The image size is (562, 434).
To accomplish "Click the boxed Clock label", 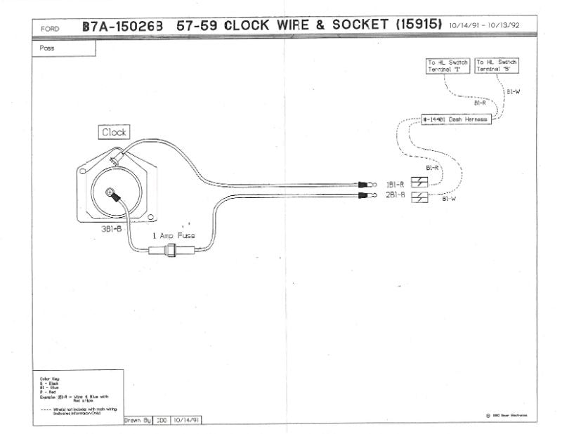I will pos(115,132).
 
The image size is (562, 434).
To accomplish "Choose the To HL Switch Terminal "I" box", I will pos(448,65).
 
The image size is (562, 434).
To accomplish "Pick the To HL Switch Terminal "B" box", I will pos(497,65).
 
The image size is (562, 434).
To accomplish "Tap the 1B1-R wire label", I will pos(395,184).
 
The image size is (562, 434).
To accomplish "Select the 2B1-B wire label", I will pos(395,195).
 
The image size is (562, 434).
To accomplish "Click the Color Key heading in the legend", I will pos(48,378).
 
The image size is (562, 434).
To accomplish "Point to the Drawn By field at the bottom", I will pos(138,420).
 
